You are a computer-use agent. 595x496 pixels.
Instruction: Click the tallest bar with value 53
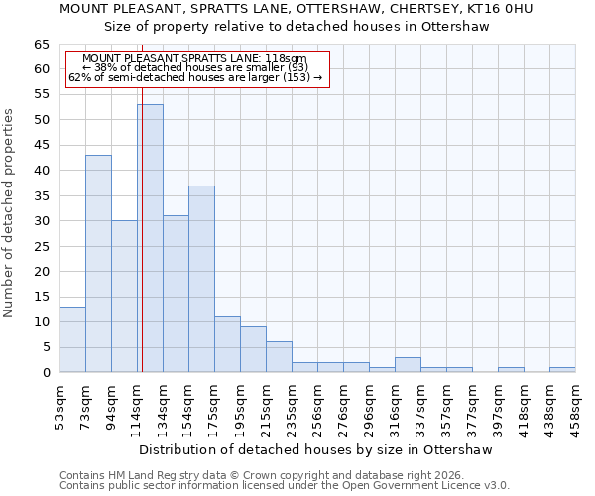point(150,238)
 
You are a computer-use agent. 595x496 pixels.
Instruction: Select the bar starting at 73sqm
point(98,263)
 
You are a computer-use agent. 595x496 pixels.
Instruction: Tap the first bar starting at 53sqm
point(72,339)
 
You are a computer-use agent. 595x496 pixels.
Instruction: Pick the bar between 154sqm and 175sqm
point(201,279)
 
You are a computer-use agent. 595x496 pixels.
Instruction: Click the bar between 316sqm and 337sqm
point(408,365)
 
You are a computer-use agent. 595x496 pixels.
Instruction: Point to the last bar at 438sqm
point(562,370)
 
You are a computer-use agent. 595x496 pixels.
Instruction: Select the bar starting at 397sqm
point(511,370)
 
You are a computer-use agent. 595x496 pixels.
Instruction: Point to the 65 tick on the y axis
point(42,45)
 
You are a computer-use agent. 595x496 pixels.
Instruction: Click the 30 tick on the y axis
point(42,221)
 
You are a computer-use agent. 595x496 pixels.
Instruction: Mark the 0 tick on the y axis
point(46,373)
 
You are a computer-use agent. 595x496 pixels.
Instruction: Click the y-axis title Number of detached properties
point(9,213)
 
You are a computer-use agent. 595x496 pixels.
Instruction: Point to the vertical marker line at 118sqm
point(142,248)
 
